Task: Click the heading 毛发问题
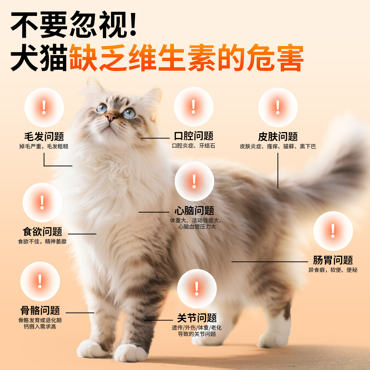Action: pos(44,136)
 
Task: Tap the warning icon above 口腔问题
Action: pos(194,107)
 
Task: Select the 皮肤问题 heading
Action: pos(278,137)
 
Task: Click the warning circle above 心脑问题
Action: pos(194,181)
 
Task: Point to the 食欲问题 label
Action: pos(42,232)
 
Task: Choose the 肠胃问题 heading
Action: pos(333,260)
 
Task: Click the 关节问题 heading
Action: pos(196,318)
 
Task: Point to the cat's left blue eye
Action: pos(101,108)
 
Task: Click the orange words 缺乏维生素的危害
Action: pos(186,58)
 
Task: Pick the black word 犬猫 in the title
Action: pos(39,58)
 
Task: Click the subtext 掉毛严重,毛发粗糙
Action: pos(44,146)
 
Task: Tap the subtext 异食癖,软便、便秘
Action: pos(333,270)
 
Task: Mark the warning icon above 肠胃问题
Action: pos(333,231)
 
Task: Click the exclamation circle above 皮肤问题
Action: pos(278,107)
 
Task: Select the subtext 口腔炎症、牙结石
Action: pos(194,146)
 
